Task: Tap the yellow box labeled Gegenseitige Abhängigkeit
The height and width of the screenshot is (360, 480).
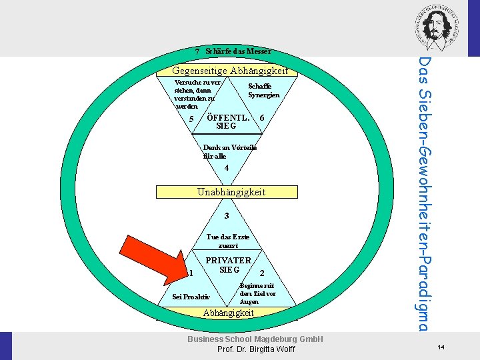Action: [x=230, y=71]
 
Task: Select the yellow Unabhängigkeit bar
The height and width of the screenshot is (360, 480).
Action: [x=227, y=192]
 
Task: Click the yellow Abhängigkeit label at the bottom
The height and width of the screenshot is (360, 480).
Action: [x=229, y=313]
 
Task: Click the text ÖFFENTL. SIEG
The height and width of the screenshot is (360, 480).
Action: [x=227, y=121]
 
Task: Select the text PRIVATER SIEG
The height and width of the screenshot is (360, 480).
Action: [x=229, y=265]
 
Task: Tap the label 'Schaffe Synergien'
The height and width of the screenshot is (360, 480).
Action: [x=263, y=91]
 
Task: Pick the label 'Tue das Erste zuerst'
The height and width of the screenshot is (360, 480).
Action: [x=228, y=241]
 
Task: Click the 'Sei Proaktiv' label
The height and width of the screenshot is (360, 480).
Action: [x=191, y=297]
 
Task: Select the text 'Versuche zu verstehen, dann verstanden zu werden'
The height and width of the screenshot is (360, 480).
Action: [x=193, y=94]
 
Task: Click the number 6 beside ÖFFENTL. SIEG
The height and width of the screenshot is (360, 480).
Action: [x=262, y=118]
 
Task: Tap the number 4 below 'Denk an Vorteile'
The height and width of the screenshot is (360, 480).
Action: [x=227, y=168]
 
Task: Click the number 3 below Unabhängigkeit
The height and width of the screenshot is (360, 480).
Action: [x=227, y=216]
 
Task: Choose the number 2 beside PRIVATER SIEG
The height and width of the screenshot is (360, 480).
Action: [x=262, y=273]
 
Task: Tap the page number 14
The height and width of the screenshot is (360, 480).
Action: [x=441, y=347]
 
